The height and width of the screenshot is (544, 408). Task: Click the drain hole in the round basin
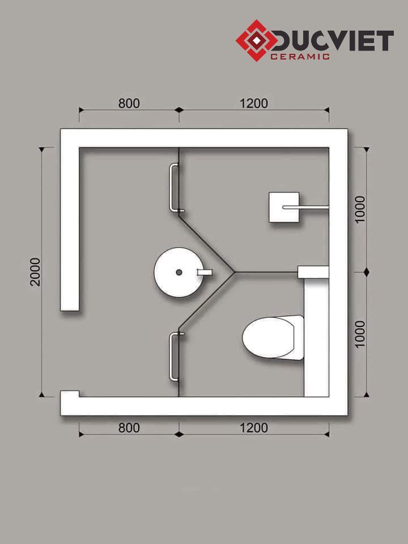click(x=179, y=273)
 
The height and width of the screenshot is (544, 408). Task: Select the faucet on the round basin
click(x=205, y=273)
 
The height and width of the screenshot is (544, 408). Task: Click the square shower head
click(x=284, y=207)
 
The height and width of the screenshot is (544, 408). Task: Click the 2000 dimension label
click(x=35, y=271)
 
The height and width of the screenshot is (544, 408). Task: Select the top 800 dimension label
click(x=129, y=103)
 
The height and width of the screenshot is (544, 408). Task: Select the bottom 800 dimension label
click(x=129, y=428)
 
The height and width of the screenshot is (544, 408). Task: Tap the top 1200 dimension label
click(x=254, y=103)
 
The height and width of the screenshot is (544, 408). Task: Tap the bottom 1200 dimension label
click(x=254, y=428)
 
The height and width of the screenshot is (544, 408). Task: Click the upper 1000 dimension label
click(x=360, y=209)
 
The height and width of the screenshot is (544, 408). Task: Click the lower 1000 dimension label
click(x=360, y=334)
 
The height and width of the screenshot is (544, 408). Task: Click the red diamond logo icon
click(x=256, y=41)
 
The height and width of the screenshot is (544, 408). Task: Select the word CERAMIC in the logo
click(x=300, y=57)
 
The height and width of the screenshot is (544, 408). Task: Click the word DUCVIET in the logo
click(x=333, y=41)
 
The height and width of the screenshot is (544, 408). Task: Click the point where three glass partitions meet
click(x=235, y=272)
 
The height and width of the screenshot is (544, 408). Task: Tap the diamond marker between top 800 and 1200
click(x=179, y=110)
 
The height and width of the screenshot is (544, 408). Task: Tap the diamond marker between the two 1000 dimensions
click(x=367, y=273)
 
